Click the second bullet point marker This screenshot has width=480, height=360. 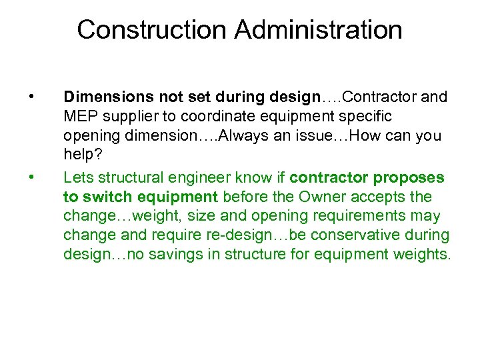click(31, 177)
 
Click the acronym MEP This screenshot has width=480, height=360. click(81, 117)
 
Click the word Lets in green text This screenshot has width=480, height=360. click(77, 177)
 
